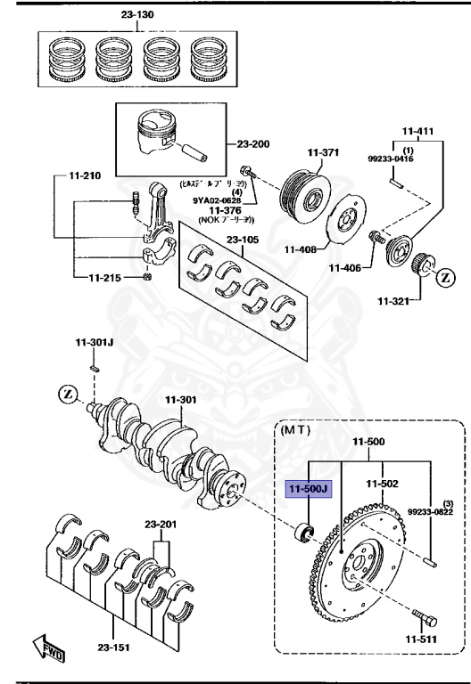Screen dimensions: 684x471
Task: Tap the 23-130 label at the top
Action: click(138, 15)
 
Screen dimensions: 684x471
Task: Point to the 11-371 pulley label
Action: click(322, 152)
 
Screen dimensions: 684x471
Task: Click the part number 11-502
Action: click(384, 484)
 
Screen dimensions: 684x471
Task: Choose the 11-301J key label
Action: click(92, 343)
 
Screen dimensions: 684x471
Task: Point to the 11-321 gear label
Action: click(392, 302)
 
